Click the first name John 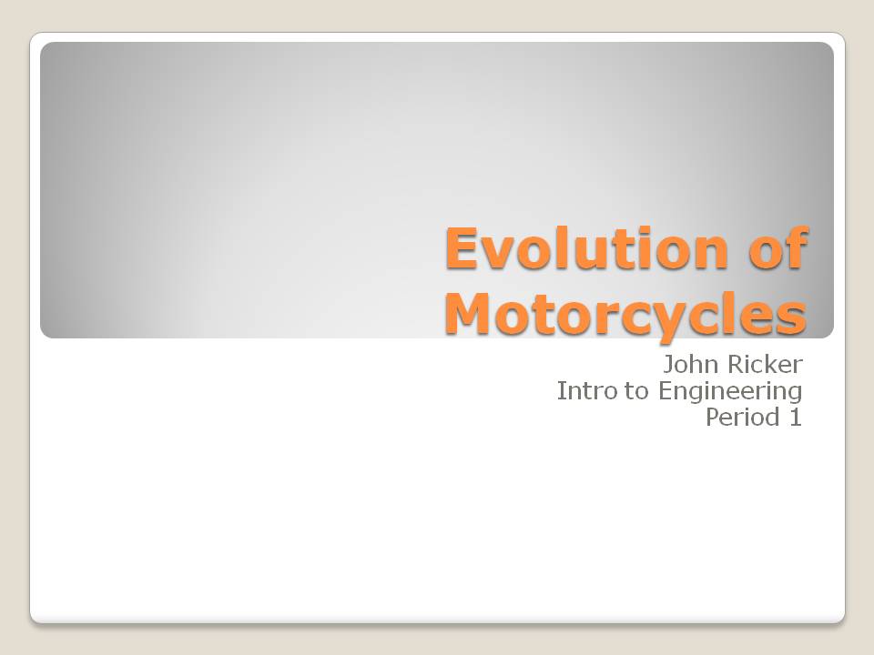[689, 366]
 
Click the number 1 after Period [796, 418]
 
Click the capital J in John [669, 366]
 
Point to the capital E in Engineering [665, 391]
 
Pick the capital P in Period [713, 418]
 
